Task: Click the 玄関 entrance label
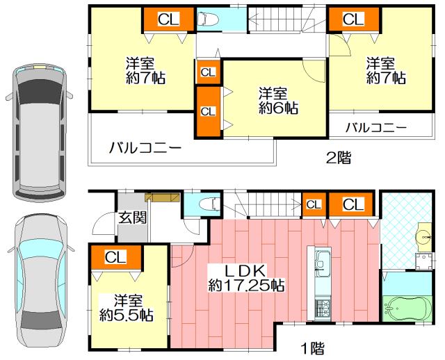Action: (132, 218)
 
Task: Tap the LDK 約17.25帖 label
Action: (246, 278)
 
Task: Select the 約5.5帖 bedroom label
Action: (127, 308)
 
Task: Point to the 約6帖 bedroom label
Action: (278, 101)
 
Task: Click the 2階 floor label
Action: (339, 158)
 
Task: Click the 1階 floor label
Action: (313, 348)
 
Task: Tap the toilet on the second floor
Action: (208, 19)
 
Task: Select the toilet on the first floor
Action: (209, 204)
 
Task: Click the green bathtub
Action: (407, 309)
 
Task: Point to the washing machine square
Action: (423, 261)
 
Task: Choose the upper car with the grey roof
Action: (39, 133)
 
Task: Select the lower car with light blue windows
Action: (41, 283)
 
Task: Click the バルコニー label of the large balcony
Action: (145, 148)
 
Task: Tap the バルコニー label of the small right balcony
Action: (376, 128)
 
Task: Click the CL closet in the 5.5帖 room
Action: (115, 257)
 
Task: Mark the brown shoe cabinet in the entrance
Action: (162, 197)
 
